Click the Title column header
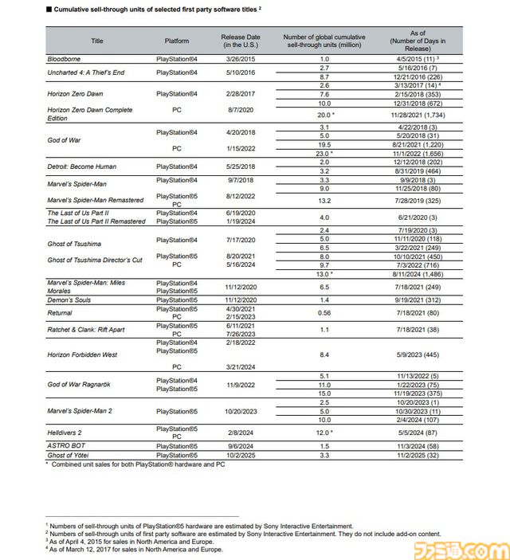(x=97, y=40)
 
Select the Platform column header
(x=177, y=40)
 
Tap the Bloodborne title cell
(x=65, y=59)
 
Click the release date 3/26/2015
(x=240, y=59)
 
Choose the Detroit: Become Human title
(x=81, y=166)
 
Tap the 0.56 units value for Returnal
(x=324, y=313)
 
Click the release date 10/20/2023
(x=240, y=412)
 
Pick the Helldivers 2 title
(x=65, y=432)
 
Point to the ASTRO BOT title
(x=66, y=446)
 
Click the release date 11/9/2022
(x=240, y=383)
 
